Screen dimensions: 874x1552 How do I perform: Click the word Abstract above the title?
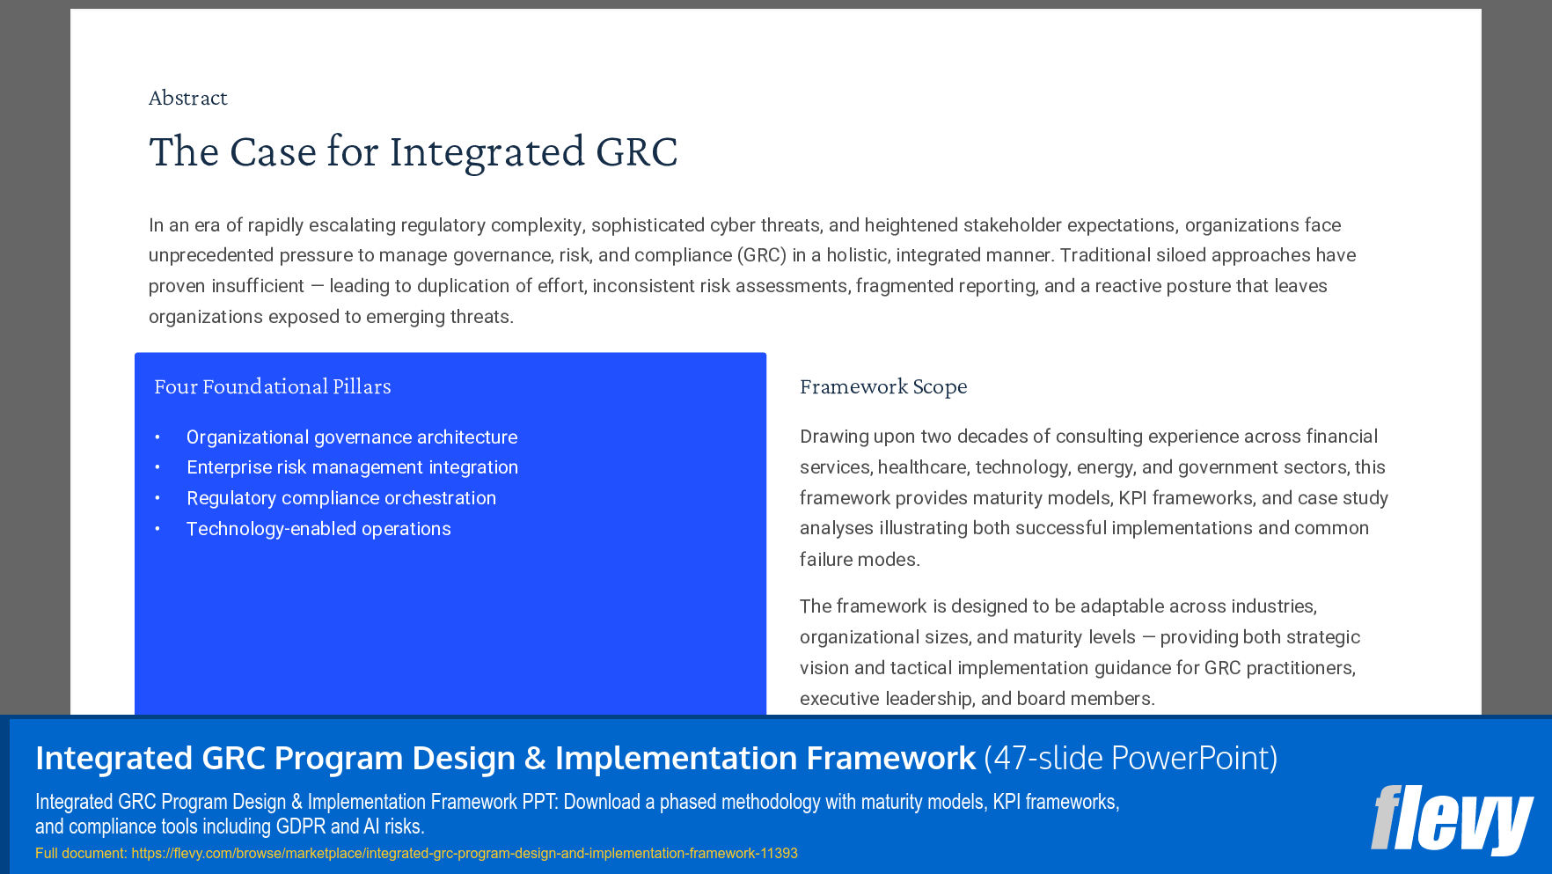click(187, 98)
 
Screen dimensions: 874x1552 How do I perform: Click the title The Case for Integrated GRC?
click(413, 151)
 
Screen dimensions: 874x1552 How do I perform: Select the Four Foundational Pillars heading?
click(273, 386)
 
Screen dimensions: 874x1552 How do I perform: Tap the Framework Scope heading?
click(883, 386)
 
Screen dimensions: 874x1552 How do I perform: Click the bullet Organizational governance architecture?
click(352, 437)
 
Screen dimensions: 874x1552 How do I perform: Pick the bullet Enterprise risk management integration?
click(352, 467)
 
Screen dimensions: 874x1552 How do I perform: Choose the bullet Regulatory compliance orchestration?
click(341, 498)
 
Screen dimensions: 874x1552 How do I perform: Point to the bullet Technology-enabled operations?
click(318, 529)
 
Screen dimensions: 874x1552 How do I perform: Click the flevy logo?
click(1451, 819)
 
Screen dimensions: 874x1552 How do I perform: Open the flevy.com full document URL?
click(465, 853)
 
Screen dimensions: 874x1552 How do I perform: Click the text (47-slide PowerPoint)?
click(1131, 758)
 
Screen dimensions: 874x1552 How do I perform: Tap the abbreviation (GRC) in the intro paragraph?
click(761, 255)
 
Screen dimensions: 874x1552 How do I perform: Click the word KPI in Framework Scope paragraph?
click(1132, 498)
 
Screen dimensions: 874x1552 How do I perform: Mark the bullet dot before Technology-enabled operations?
click(157, 529)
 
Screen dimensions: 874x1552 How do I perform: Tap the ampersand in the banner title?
click(535, 758)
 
